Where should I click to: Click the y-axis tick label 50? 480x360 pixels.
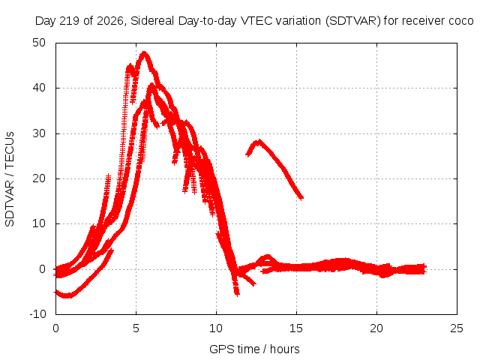39,43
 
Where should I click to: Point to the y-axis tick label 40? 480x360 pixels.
39,88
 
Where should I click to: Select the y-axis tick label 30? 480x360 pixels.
39,133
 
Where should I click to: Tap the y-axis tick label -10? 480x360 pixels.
37,313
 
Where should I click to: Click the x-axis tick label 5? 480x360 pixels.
136,328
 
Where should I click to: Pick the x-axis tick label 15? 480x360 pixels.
296,328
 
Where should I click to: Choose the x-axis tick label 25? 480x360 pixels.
457,328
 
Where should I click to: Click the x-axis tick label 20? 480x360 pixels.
376,328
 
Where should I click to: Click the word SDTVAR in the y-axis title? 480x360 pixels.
10,203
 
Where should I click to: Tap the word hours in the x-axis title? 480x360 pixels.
285,349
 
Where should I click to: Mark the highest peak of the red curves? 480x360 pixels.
144,53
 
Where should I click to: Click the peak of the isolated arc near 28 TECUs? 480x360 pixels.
259,141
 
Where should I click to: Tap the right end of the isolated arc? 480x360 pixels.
301,198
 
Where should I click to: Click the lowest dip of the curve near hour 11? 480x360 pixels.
237,294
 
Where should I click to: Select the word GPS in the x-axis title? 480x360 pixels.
218,349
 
